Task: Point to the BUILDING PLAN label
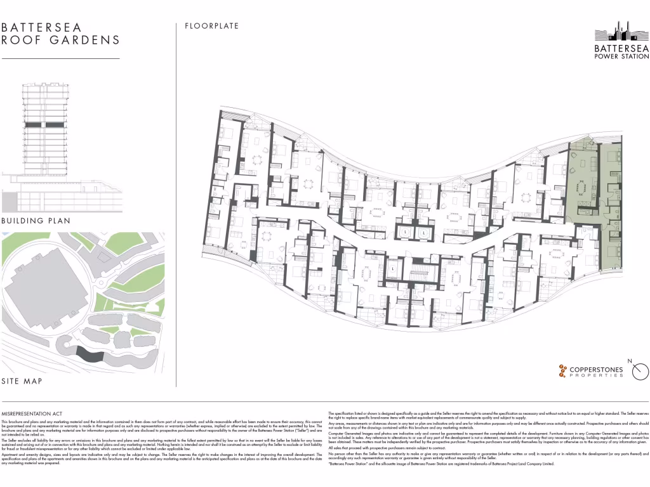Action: [x=36, y=221]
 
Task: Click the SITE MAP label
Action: [x=22, y=381]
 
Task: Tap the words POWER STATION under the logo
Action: [x=621, y=56]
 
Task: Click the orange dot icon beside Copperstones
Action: [x=562, y=371]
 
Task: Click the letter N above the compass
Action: [x=630, y=361]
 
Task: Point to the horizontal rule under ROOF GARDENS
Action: [x=60, y=59]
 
